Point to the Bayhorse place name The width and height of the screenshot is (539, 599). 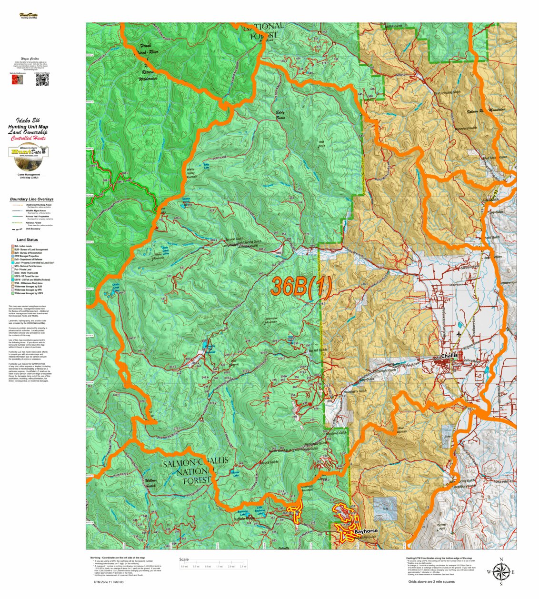(366, 530)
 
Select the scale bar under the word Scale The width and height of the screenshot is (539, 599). (213, 567)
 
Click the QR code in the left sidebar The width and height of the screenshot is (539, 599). (42, 80)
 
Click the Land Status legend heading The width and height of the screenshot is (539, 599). (27, 240)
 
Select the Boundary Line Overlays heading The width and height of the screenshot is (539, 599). (31, 199)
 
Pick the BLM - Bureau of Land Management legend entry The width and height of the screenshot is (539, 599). (32, 250)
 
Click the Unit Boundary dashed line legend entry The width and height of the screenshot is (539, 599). (30, 229)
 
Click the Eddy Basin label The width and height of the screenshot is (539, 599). (283, 115)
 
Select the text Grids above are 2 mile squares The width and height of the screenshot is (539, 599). (431, 581)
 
